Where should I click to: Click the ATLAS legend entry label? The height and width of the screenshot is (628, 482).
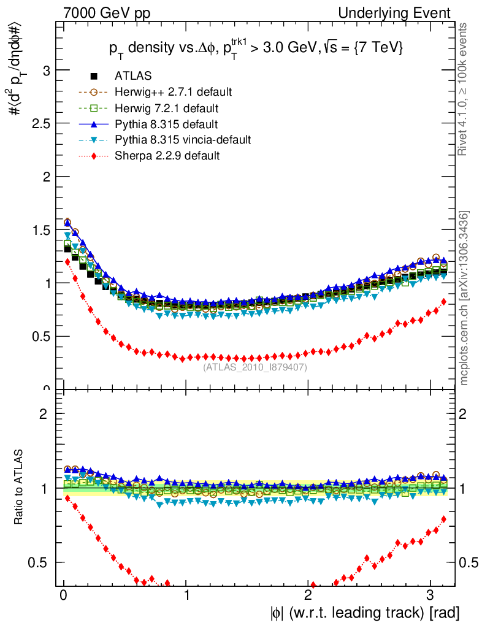click(133, 76)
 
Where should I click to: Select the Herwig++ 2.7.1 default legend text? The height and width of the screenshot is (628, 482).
click(173, 92)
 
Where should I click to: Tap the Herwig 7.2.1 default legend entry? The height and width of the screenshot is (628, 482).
click(166, 108)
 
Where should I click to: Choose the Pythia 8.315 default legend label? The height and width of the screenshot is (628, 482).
click(166, 124)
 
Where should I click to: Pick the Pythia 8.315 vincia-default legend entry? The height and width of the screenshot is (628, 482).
click(182, 140)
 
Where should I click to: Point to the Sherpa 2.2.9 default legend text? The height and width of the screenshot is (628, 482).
click(167, 156)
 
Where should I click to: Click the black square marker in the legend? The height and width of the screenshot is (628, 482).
click(94, 76)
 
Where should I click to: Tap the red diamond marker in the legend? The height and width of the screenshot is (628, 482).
click(94, 156)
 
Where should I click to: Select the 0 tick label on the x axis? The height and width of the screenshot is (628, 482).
click(63, 595)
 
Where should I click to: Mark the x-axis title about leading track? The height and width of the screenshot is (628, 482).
click(364, 612)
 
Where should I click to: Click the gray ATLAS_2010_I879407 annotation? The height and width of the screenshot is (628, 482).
click(255, 367)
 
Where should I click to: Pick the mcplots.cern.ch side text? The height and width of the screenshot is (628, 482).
click(465, 299)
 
